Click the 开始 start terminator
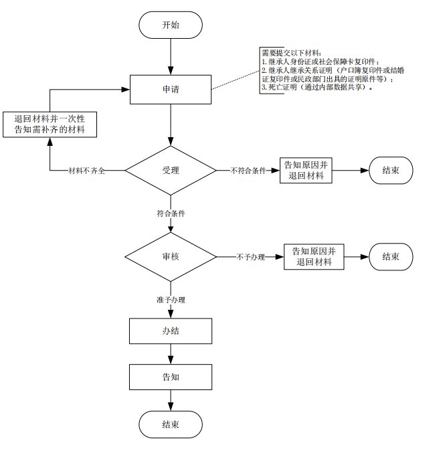171,25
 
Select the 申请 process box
171,89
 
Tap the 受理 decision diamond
171,171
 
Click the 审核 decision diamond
171,256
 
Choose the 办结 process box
171,331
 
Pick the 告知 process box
171,377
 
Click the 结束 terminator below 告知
171,424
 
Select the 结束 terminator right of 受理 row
391,171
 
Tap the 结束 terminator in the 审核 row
391,256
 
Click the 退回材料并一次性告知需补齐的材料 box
50,124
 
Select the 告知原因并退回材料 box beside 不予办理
315,256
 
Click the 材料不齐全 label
88,172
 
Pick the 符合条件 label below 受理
171,213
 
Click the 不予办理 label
251,257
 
